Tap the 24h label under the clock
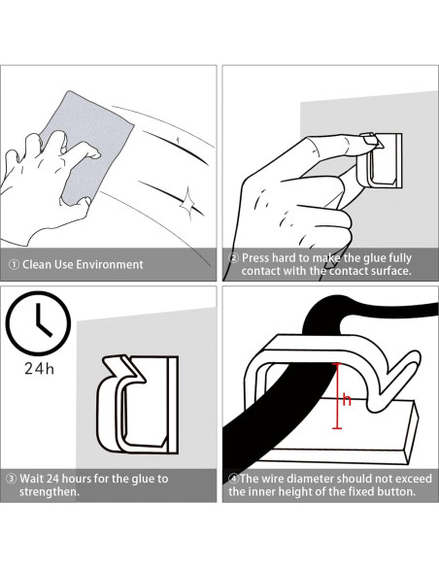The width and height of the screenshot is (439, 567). pyautogui.click(x=39, y=369)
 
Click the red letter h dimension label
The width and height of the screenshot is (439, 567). pyautogui.click(x=347, y=400)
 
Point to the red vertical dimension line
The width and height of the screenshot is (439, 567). pyautogui.click(x=337, y=396)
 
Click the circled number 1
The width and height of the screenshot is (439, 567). pyautogui.click(x=14, y=265)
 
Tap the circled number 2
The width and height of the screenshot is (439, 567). pyautogui.click(x=234, y=258)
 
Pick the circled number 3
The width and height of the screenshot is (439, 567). pyautogui.click(x=12, y=479)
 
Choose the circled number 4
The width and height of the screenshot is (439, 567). pyautogui.click(x=234, y=479)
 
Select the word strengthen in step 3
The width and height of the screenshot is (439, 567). pyautogui.click(x=48, y=492)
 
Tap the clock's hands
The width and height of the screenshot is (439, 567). pyautogui.click(x=42, y=320)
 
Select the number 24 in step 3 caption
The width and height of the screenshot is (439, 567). pyautogui.click(x=52, y=479)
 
